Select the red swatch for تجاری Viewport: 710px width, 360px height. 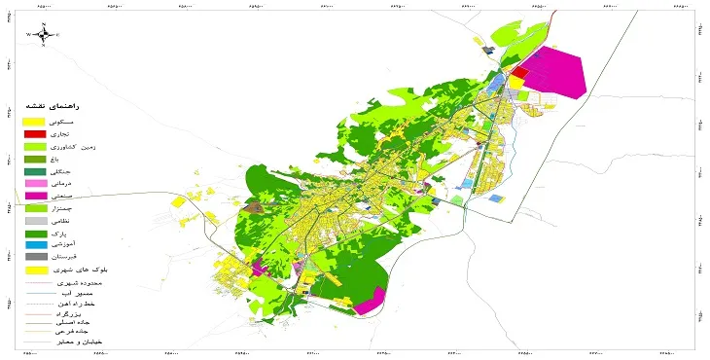point(34,133)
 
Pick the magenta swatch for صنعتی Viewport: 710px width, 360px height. point(34,196)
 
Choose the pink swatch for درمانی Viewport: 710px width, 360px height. point(34,183)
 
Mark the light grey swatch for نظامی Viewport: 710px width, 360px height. point(34,221)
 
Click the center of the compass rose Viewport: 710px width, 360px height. point(43,34)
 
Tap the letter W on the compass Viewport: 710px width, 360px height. point(29,35)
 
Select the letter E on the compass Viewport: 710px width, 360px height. point(57,35)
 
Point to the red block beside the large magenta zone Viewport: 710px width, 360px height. point(520,72)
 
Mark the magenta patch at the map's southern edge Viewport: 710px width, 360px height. point(367,306)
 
